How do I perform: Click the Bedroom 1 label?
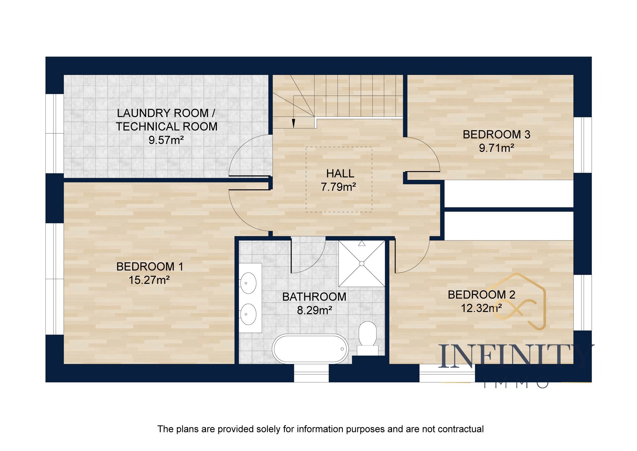pos(150,267)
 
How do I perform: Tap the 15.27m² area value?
pos(149,280)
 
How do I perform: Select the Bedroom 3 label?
pos(497,134)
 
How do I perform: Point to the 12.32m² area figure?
pos(481,308)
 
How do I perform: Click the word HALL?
pos(340,174)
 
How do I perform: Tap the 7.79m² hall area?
pos(339,187)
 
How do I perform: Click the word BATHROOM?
pos(314,297)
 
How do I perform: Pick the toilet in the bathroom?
pos(367,338)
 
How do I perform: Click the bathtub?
pos(310,349)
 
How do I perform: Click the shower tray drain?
pos(362,264)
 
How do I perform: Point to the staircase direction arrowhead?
pos(293,123)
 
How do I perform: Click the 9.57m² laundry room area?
pos(166,140)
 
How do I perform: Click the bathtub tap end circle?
pos(342,349)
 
